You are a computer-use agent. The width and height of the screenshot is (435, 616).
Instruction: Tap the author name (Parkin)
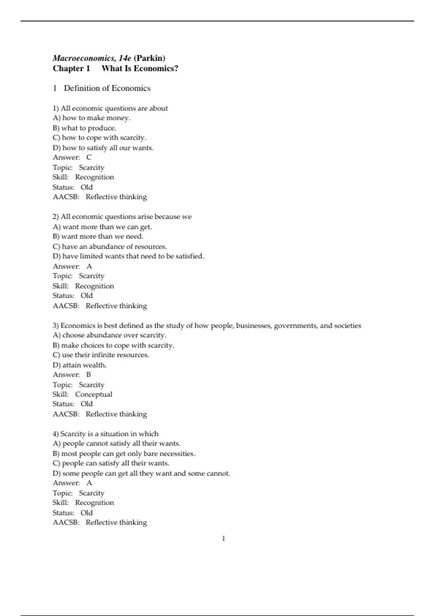(x=149, y=58)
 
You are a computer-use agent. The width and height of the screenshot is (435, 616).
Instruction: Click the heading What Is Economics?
(x=140, y=68)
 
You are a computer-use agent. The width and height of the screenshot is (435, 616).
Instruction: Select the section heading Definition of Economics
(x=107, y=88)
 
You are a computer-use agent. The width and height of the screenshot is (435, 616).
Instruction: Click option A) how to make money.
(x=91, y=118)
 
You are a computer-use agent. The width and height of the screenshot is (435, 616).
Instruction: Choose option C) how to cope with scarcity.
(x=99, y=138)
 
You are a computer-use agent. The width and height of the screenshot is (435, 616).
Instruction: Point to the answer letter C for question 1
(x=89, y=157)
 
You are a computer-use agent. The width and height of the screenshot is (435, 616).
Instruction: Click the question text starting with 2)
(x=122, y=217)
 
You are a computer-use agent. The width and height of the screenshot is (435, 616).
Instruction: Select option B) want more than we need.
(x=98, y=236)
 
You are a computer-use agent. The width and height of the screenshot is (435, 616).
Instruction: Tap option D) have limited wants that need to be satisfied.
(x=128, y=256)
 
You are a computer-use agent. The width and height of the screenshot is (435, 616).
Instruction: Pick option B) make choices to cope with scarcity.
(x=113, y=345)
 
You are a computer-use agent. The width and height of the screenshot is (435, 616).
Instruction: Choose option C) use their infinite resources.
(x=101, y=355)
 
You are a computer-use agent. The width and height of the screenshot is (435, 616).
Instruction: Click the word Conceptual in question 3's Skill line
(x=94, y=394)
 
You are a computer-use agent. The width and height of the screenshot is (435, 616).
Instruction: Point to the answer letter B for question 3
(x=89, y=375)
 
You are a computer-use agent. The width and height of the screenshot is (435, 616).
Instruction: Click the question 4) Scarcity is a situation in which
(x=105, y=434)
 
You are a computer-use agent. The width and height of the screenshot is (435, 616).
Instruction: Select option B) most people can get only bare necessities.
(x=124, y=454)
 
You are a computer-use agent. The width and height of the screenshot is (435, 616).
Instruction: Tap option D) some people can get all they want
(x=141, y=474)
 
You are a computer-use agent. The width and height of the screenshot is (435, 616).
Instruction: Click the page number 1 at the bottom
(x=223, y=539)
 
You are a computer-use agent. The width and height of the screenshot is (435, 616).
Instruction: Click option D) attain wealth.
(x=79, y=365)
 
